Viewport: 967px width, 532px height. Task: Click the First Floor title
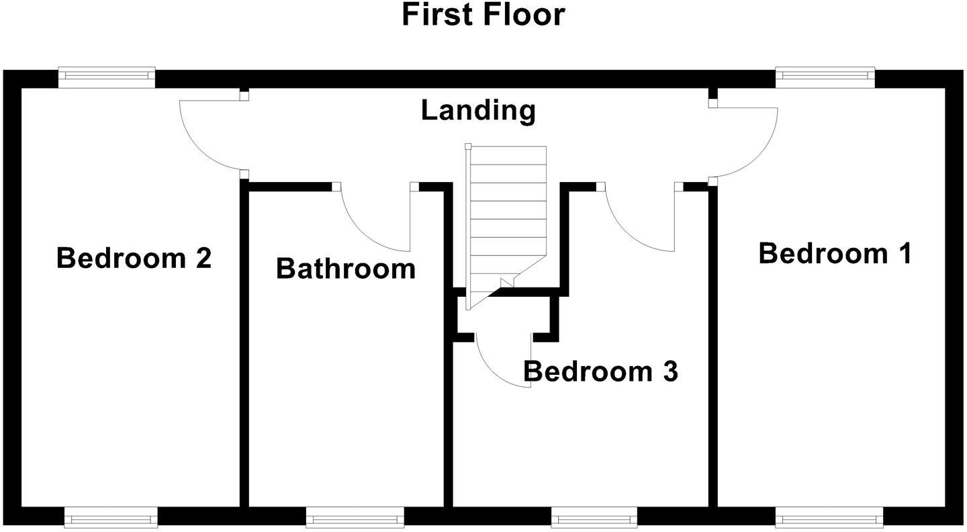click(483, 15)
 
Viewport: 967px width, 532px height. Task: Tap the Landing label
click(478, 110)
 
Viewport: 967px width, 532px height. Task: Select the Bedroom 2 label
click(134, 258)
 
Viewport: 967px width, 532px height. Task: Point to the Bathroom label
click(346, 269)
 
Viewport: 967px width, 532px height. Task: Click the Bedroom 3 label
click(600, 371)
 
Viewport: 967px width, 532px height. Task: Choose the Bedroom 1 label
click(835, 254)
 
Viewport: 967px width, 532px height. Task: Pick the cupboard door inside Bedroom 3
click(500, 366)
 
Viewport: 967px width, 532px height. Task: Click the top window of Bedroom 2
click(107, 77)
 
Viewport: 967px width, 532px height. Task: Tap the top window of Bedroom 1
click(825, 77)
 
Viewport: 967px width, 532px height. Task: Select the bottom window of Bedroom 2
click(111, 517)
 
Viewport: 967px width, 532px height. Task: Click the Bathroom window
click(355, 517)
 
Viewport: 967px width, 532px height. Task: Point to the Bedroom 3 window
click(594, 517)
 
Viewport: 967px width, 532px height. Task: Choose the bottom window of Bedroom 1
click(825, 517)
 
